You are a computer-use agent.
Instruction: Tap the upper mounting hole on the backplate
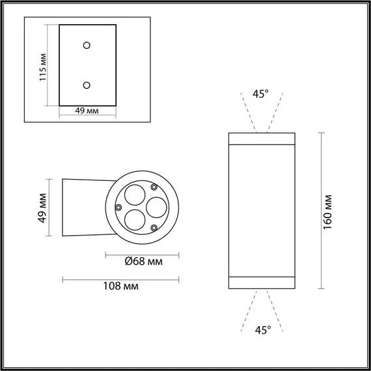tap(87, 45)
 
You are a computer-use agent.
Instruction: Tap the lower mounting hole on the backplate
tap(87, 85)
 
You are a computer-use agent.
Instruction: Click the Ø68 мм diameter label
tap(143, 262)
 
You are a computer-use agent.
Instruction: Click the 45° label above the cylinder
tap(260, 94)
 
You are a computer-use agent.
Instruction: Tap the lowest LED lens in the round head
tap(135, 219)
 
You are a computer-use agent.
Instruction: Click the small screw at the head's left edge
tap(118, 206)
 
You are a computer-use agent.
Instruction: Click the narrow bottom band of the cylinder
tap(260, 282)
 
